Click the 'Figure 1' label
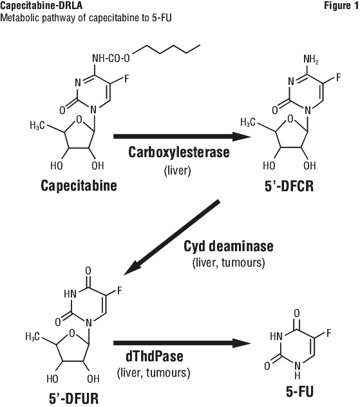pyautogui.click(x=341, y=6)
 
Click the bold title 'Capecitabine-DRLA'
pyautogui.click(x=41, y=6)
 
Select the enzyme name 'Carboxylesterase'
pyautogui.click(x=179, y=153)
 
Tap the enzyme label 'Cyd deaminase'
pyautogui.click(x=229, y=247)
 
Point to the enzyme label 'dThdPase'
pyautogui.click(x=155, y=356)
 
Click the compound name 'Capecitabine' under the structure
pyautogui.click(x=79, y=186)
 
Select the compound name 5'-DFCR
pyautogui.click(x=289, y=186)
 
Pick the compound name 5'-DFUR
pyautogui.click(x=74, y=398)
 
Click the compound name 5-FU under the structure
pyautogui.click(x=299, y=391)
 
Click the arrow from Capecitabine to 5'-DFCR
pyautogui.click(x=182, y=137)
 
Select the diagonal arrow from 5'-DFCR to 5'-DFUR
pyautogui.click(x=172, y=237)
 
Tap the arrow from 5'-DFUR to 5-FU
pyautogui.click(x=182, y=343)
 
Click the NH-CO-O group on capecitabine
pyautogui.click(x=111, y=59)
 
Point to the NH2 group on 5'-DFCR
pyautogui.click(x=311, y=60)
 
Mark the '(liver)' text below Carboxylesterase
pyautogui.click(x=178, y=171)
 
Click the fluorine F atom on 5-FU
pyautogui.click(x=328, y=333)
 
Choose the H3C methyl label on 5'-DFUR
pyautogui.click(x=33, y=337)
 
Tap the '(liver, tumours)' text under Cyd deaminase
pyautogui.click(x=229, y=263)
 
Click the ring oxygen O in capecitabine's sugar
pyautogui.click(x=79, y=120)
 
